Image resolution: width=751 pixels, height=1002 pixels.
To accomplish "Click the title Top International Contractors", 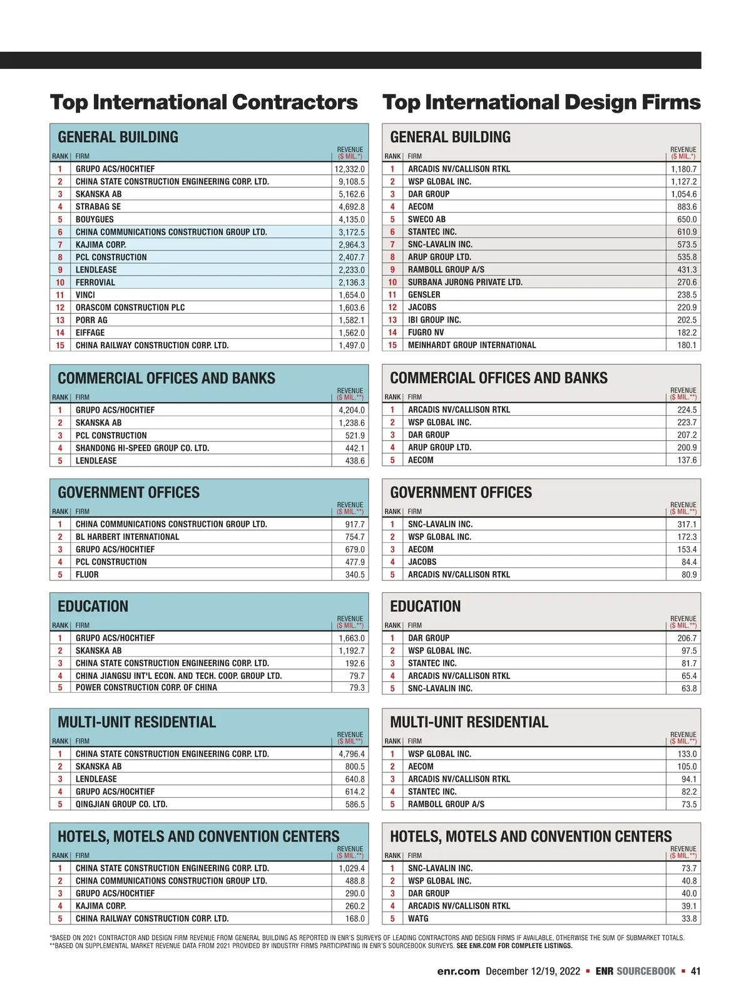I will [x=203, y=102].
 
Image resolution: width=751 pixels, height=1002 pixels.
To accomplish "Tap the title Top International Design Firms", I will [x=541, y=102].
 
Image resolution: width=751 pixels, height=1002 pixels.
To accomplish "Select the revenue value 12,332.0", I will [x=349, y=169].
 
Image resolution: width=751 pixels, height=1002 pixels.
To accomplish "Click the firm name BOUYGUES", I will [x=95, y=220].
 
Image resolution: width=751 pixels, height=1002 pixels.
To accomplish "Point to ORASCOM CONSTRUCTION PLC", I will [x=130, y=307].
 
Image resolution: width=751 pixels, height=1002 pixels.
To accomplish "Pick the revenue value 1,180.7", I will [x=683, y=169].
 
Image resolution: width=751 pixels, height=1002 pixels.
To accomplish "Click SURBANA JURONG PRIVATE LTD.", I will [x=465, y=282].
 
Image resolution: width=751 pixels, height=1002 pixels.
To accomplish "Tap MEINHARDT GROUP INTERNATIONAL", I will [x=472, y=345].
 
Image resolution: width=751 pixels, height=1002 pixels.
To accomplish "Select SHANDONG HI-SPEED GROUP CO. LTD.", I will [x=142, y=448].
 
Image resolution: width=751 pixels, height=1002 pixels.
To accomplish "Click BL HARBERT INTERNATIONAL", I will [x=127, y=537].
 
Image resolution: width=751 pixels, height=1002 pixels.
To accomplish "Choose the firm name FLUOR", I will [x=87, y=574].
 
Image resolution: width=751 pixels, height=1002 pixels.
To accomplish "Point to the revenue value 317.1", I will [x=687, y=524].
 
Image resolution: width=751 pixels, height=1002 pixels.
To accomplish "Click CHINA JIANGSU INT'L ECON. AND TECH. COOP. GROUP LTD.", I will [x=178, y=676].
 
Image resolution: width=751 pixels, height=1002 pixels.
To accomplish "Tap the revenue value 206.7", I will [x=687, y=638].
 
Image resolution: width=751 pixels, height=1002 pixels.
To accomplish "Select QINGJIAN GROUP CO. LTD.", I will [x=121, y=804].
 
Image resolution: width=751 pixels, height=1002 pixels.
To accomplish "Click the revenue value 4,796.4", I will [x=351, y=754].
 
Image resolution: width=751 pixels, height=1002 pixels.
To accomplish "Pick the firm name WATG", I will [x=418, y=919].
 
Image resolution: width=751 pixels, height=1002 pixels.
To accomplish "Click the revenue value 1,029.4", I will [x=351, y=869].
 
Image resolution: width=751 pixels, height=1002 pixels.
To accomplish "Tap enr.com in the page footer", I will [x=458, y=971].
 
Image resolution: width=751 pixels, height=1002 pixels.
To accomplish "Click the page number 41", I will [x=695, y=971].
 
